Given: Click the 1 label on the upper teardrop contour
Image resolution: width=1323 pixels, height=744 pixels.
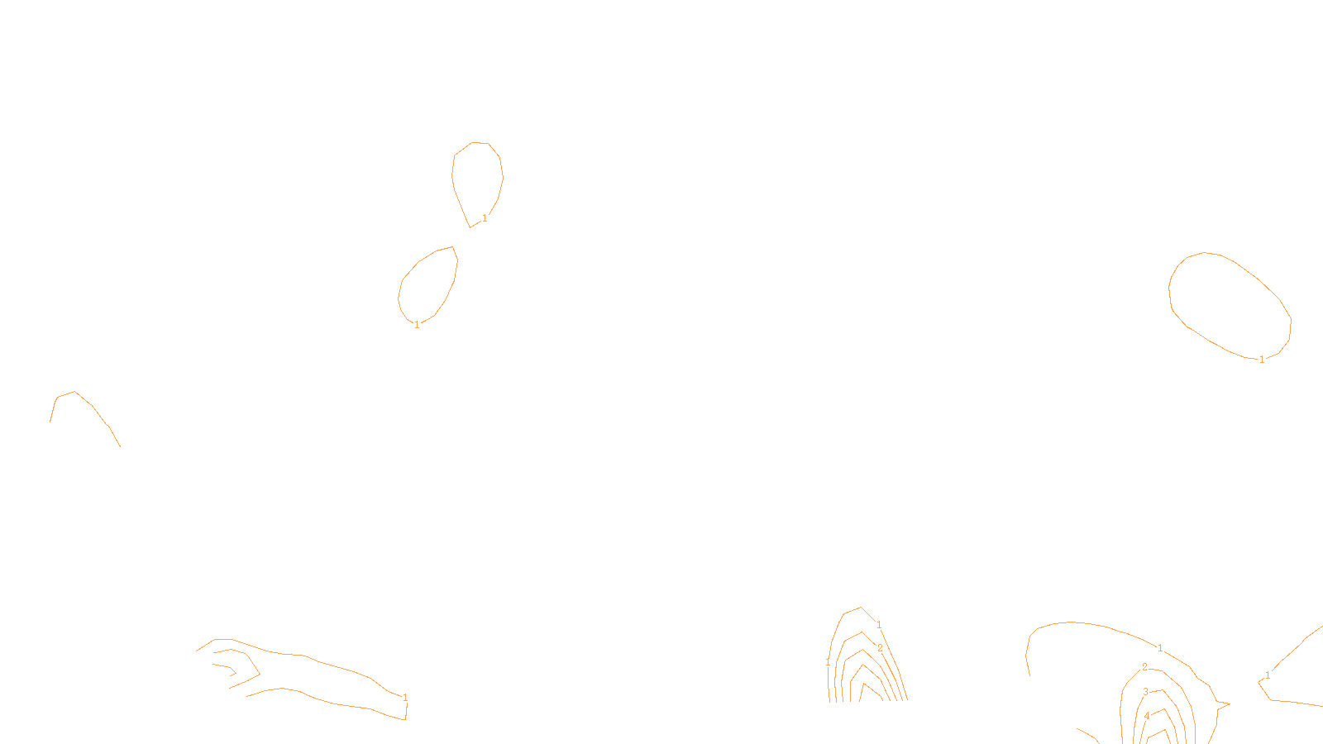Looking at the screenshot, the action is click(485, 218).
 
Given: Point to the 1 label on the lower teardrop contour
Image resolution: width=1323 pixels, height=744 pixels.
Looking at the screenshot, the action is click(417, 325).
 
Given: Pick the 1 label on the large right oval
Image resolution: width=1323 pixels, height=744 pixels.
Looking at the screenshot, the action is click(1262, 360).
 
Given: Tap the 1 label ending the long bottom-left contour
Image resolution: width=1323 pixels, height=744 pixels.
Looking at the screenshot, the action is click(405, 698).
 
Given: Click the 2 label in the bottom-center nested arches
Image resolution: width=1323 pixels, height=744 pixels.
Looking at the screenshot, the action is click(880, 648).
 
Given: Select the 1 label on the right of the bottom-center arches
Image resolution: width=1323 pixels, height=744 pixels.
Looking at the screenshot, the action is click(879, 625).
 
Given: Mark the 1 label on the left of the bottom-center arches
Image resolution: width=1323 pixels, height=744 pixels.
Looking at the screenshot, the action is click(828, 662).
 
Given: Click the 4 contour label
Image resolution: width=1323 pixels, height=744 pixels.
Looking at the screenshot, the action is click(1147, 716).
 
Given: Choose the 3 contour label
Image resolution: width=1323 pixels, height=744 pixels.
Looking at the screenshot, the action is click(1145, 692).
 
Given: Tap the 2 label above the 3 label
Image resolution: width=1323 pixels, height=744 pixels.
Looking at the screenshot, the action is click(1144, 667).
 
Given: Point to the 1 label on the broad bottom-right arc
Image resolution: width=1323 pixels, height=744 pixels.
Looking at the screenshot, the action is click(1160, 648).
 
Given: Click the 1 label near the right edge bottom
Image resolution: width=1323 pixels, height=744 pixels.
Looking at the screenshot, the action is click(1268, 675).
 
